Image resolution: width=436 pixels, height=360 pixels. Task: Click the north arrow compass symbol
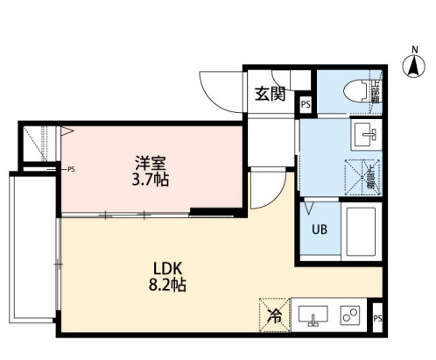pyautogui.click(x=412, y=64)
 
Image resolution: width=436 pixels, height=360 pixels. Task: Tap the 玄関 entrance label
pyautogui.click(x=269, y=95)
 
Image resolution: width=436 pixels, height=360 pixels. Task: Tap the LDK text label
pyautogui.click(x=167, y=267)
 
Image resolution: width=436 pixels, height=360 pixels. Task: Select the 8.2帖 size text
pyautogui.click(x=168, y=285)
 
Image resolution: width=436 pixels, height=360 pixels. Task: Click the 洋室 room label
pyautogui.click(x=151, y=162)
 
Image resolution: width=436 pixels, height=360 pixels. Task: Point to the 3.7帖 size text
pyautogui.click(x=151, y=180)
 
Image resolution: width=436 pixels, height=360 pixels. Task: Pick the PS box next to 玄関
pyautogui.click(x=305, y=105)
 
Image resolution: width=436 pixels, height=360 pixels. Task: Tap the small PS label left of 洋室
pyautogui.click(x=70, y=169)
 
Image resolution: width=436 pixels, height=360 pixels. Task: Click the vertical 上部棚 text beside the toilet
pyautogui.click(x=376, y=90)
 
